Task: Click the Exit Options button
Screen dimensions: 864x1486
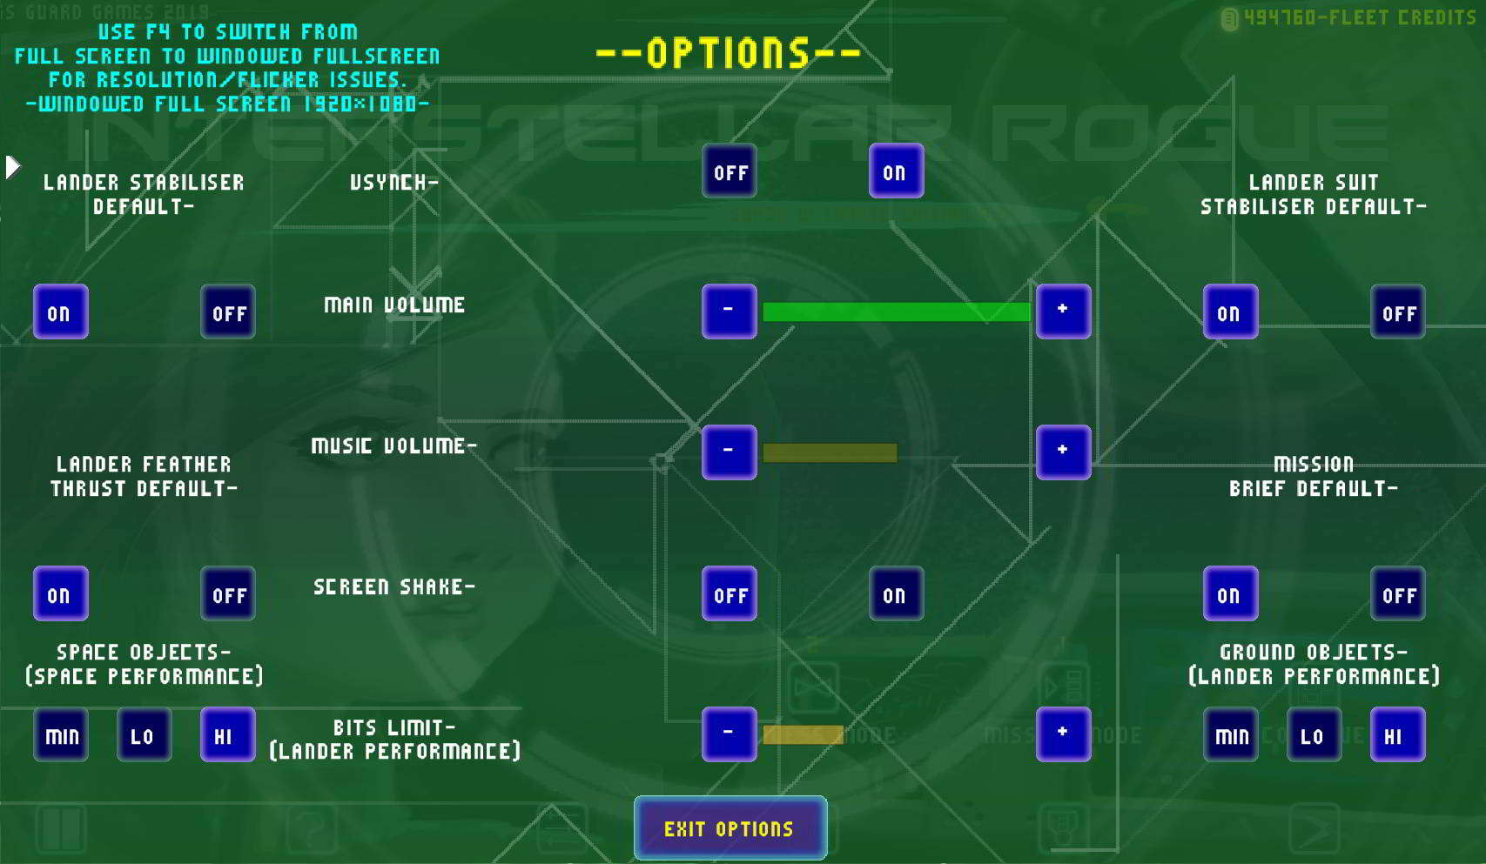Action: point(730,827)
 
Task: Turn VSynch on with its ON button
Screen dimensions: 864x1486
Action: point(896,171)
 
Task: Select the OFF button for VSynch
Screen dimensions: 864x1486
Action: point(730,171)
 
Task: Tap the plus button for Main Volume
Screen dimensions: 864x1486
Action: point(1063,311)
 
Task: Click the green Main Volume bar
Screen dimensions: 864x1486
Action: point(896,311)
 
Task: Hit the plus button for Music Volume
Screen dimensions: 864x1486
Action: point(1063,452)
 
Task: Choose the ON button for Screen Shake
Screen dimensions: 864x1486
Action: point(896,594)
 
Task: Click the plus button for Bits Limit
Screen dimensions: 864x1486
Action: point(1063,733)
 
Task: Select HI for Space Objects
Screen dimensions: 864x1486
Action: point(227,735)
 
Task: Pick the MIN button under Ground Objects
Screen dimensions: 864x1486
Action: point(1230,735)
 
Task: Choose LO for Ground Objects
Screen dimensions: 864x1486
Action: point(1314,735)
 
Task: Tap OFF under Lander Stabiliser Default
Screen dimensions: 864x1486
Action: point(228,312)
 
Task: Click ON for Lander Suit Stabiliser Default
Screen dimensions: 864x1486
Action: point(1230,312)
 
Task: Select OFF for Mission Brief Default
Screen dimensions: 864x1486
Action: point(1397,594)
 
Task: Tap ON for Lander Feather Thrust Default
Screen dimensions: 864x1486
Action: point(61,594)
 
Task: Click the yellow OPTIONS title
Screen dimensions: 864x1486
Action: point(729,53)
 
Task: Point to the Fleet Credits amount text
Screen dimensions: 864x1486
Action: point(1358,17)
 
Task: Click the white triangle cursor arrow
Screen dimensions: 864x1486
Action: point(12,167)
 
